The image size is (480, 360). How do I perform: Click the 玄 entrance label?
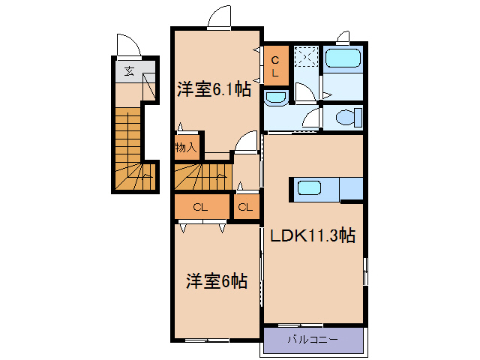tap(129, 72)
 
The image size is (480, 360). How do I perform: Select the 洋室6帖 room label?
tap(217, 281)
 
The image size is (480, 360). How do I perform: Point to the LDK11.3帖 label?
tap(312, 235)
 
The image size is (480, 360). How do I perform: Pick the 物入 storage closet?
tap(185, 147)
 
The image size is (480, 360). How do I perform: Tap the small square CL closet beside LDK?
tap(244, 208)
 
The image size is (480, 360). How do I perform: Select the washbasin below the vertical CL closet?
tap(275, 97)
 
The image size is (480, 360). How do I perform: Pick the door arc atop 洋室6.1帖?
tap(220, 17)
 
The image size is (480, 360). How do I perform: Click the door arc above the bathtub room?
tap(343, 37)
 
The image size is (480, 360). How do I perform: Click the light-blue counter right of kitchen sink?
tap(350, 188)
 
